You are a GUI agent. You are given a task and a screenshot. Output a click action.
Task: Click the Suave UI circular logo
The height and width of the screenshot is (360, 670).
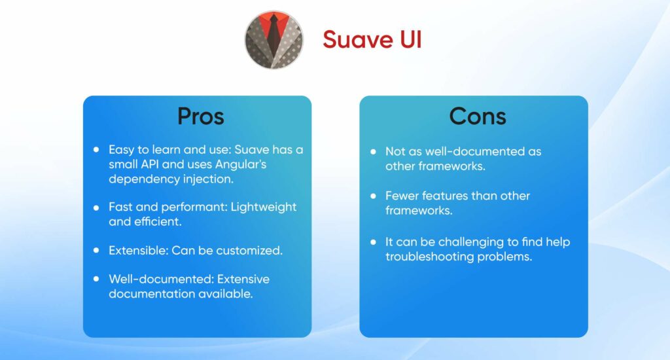pos(274,39)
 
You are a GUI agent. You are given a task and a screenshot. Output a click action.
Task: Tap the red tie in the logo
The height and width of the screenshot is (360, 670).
pos(274,30)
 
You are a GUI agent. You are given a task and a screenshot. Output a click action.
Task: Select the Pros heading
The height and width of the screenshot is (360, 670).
pos(200,117)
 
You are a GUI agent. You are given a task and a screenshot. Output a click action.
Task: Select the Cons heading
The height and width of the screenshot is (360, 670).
pos(477,117)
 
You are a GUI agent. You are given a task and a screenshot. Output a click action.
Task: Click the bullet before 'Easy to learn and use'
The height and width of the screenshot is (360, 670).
pos(96,150)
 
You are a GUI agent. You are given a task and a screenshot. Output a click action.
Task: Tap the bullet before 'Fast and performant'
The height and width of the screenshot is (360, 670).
pos(96,207)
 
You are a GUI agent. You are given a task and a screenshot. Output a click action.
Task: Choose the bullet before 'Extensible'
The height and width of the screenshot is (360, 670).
pos(96,251)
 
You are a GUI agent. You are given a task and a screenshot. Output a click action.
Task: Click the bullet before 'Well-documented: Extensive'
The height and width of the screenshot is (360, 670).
pos(96,279)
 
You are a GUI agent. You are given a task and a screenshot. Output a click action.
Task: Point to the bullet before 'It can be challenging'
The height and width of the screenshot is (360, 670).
pos(373,242)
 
